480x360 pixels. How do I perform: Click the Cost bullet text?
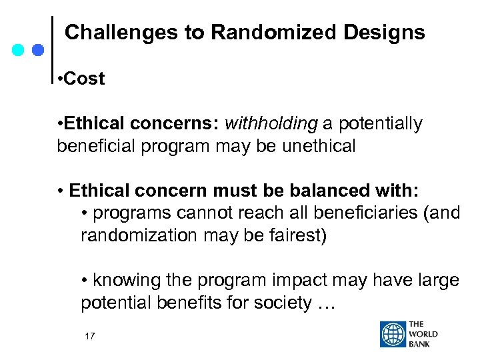click(x=85, y=79)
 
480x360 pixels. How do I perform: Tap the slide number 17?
click(x=89, y=337)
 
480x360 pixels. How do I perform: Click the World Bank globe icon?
click(x=393, y=334)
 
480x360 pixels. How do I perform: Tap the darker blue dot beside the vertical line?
click(x=38, y=50)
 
